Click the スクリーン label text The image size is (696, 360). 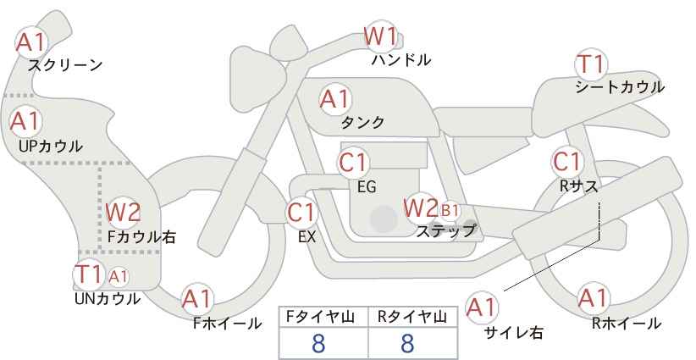[65, 66]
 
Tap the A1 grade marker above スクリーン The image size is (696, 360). [31, 42]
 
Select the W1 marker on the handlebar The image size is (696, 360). [380, 36]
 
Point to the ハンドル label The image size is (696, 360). [401, 59]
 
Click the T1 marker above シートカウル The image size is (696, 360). [591, 65]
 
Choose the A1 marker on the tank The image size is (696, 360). [335, 99]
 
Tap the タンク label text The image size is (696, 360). [362, 122]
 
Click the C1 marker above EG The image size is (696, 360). [353, 163]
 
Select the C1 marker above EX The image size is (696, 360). [301, 213]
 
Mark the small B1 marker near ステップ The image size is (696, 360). [450, 210]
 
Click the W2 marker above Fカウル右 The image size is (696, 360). [123, 212]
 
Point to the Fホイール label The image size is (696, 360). [227, 324]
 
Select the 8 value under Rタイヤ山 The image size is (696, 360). [407, 343]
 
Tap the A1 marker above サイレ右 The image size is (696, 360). [482, 307]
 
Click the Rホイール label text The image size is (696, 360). [627, 324]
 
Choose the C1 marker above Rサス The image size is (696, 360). [567, 162]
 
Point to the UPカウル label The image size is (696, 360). [51, 146]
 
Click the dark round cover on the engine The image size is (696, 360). [384, 219]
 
